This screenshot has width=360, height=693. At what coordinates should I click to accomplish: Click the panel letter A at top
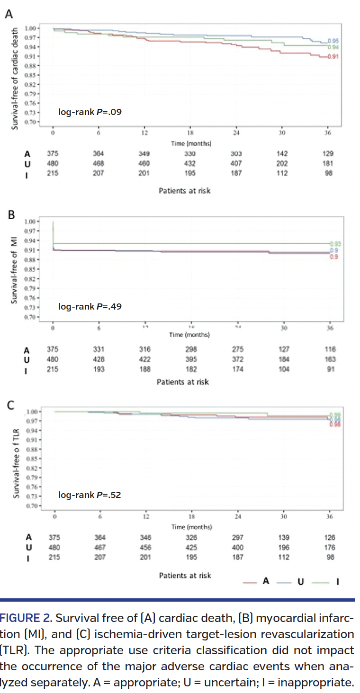click(x=8, y=14)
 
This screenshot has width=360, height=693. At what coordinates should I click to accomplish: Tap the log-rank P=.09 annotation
click(x=90, y=112)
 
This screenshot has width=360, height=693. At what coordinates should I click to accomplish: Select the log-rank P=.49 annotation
click(x=90, y=306)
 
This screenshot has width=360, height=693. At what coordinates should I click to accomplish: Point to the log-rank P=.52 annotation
click(x=90, y=495)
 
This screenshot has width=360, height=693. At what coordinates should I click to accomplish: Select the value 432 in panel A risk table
click(x=191, y=163)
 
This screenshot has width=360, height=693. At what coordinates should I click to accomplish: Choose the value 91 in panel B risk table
click(x=330, y=369)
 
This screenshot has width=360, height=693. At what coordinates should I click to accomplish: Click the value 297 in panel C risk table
click(x=237, y=537)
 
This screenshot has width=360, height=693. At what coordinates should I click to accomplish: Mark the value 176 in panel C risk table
click(x=330, y=547)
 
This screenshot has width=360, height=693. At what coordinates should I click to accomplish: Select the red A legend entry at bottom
click(x=258, y=581)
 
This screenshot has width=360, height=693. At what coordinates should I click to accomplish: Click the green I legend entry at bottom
click(x=327, y=581)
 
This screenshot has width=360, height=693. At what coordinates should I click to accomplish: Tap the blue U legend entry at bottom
click(x=292, y=581)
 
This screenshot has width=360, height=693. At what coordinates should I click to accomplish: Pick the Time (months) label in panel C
click(x=191, y=527)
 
